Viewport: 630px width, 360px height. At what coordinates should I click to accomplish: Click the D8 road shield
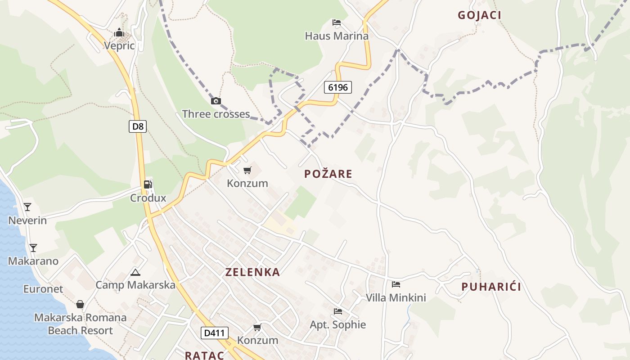[x=138, y=126]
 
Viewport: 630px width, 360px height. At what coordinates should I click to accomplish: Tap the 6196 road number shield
[x=338, y=87]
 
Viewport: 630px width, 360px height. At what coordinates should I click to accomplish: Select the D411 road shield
[x=214, y=333]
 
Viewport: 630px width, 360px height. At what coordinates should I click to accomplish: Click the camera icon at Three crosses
[x=216, y=101]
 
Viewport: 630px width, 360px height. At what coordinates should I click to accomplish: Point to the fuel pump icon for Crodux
[x=148, y=184]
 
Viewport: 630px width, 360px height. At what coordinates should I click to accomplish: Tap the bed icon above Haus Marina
[x=337, y=22]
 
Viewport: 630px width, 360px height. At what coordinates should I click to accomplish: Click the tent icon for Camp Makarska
[x=135, y=272]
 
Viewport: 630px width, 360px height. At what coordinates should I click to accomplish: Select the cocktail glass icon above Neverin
[x=27, y=207]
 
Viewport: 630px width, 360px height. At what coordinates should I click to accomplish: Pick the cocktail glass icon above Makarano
[x=33, y=248]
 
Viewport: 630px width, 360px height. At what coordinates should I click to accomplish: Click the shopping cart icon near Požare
[x=247, y=170]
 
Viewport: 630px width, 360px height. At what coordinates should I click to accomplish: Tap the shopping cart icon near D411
[x=257, y=327]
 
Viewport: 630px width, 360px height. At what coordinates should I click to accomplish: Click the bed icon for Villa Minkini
[x=396, y=284]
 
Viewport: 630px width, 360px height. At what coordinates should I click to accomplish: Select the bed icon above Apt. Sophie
[x=338, y=311]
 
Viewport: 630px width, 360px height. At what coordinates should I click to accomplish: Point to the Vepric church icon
[x=119, y=32]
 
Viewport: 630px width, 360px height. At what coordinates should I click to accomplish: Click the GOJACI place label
[x=480, y=15]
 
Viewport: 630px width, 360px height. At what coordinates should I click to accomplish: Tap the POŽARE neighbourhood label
[x=328, y=174]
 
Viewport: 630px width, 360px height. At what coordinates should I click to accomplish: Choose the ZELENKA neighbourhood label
[x=252, y=272]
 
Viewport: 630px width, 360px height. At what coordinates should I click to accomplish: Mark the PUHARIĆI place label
[x=491, y=287]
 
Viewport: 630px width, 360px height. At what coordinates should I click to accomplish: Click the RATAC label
[x=204, y=355]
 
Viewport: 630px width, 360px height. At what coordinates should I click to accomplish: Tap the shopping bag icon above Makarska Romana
[x=80, y=305]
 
